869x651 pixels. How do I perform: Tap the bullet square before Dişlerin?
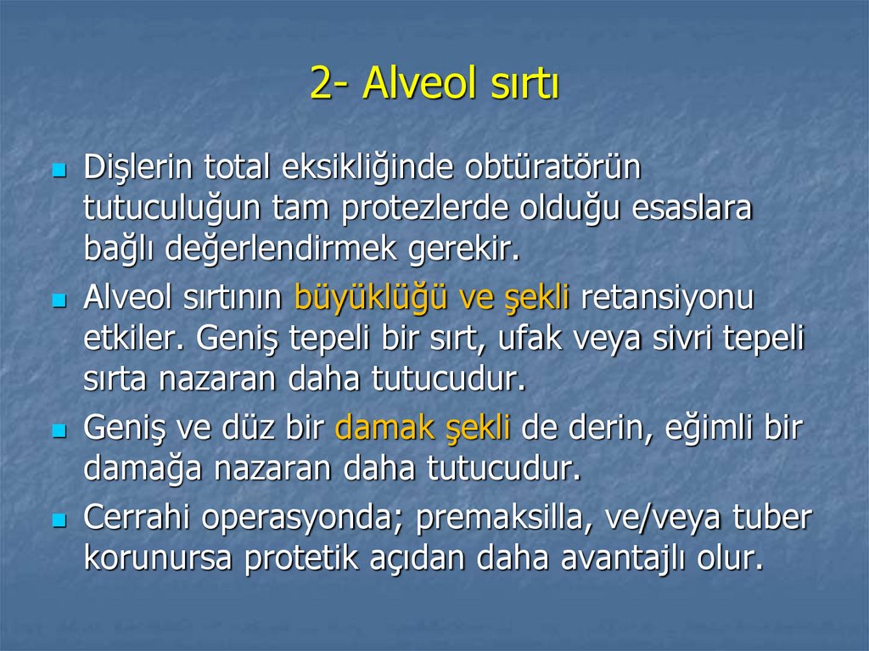[59, 171]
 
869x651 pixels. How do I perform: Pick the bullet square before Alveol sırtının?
[59, 300]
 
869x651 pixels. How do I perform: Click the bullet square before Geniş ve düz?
[59, 430]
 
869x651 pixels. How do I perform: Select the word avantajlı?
[626, 558]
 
